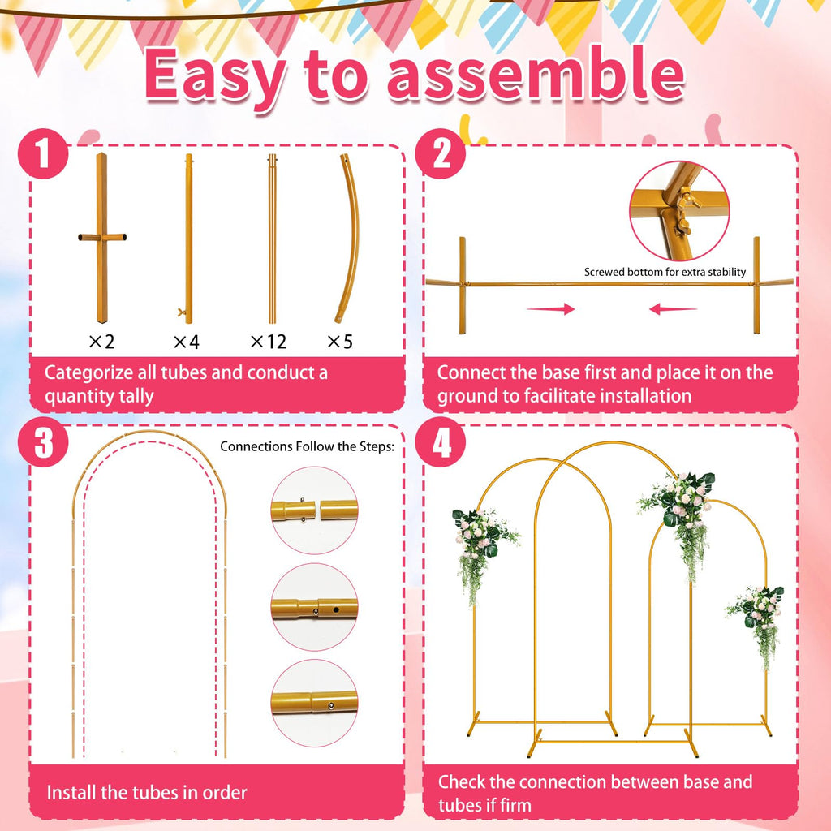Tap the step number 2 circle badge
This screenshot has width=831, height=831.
pyautogui.click(x=441, y=153)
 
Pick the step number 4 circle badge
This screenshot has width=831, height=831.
pyautogui.click(x=441, y=444)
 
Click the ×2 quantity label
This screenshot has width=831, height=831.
pyautogui.click(x=101, y=342)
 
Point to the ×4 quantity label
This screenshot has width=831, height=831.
pyautogui.click(x=186, y=342)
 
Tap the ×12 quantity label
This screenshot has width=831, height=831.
pyautogui.click(x=268, y=342)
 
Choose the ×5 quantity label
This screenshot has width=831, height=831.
pyautogui.click(x=340, y=342)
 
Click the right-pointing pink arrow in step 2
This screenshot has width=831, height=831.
pyautogui.click(x=550, y=309)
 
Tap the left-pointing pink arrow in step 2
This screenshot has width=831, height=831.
pyautogui.click(x=673, y=309)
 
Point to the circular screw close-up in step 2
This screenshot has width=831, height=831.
pyautogui.click(x=678, y=210)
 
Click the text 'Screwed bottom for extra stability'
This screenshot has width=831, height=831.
pyautogui.click(x=665, y=273)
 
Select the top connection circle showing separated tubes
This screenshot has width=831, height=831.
pyautogui.click(x=315, y=510)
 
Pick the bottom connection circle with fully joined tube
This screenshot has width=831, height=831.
pyautogui.click(x=315, y=703)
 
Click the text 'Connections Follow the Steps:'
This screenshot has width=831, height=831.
pyautogui.click(x=307, y=446)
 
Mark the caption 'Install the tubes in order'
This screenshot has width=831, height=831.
pyautogui.click(x=147, y=792)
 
